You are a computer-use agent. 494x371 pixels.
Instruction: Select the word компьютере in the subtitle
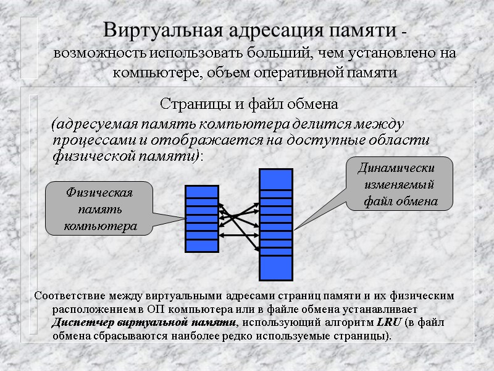148,72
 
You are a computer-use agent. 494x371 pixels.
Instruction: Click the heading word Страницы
188,101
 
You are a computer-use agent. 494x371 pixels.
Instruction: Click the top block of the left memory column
202,191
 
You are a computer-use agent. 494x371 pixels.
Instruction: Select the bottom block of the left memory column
202,245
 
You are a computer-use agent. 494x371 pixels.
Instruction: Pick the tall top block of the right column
276,179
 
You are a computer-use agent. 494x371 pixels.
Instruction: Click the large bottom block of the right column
276,267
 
